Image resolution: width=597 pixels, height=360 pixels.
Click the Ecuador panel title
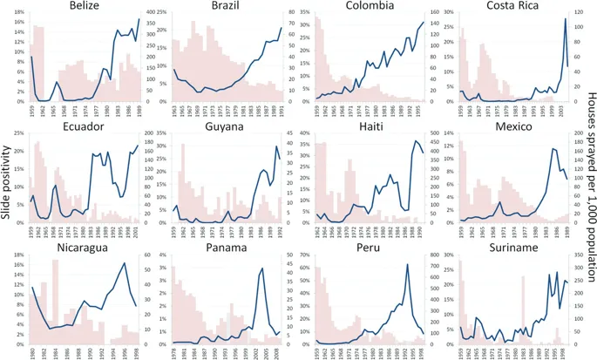[x=81, y=126]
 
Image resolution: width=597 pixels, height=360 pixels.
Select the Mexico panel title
[x=515, y=126]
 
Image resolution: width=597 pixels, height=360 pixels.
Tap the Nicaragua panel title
[x=81, y=247]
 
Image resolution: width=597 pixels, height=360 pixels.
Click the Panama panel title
[x=228, y=247]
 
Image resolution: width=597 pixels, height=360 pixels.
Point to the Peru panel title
[x=372, y=247]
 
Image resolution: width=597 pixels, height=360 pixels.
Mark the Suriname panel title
[x=515, y=247]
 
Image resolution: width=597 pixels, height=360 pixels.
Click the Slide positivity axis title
[x=8, y=180]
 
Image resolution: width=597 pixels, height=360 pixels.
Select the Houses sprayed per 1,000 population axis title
[x=589, y=180]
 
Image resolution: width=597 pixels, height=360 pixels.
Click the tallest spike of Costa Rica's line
[x=565, y=19]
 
